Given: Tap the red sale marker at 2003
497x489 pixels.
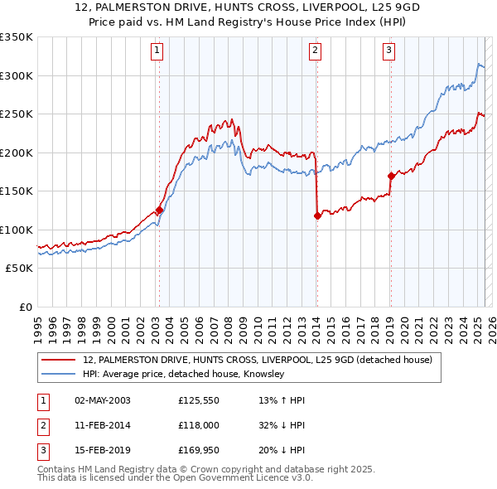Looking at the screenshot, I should [159, 210].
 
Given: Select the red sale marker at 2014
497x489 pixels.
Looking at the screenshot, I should [317, 215].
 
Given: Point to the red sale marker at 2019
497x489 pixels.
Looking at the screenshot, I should [390, 176].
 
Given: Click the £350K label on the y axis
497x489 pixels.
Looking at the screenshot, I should [17, 37].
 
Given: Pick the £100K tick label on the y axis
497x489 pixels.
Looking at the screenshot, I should [17, 230].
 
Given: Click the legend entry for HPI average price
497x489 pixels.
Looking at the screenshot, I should [183, 375].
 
